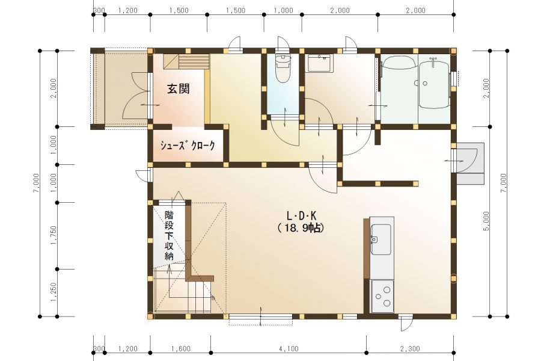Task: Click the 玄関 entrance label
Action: [x=179, y=89]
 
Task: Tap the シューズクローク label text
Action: [x=187, y=146]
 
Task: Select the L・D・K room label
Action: [x=301, y=216]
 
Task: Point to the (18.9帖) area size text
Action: [x=301, y=228]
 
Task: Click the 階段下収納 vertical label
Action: [x=170, y=235]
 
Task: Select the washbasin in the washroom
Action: [x=320, y=63]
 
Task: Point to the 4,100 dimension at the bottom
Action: [x=289, y=349]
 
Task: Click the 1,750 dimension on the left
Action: [x=54, y=235]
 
